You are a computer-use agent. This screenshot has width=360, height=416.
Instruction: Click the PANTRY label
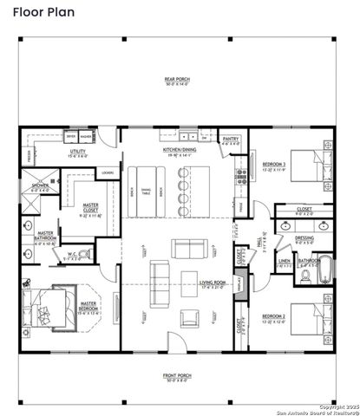point(231,140)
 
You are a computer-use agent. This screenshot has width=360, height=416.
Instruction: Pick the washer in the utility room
point(86,137)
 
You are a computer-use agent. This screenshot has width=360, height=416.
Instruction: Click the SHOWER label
point(41,186)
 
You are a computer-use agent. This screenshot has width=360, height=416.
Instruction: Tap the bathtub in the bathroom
point(324,270)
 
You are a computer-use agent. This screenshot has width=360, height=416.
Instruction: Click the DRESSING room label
point(304,240)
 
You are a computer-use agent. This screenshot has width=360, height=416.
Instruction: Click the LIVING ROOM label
point(213,282)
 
